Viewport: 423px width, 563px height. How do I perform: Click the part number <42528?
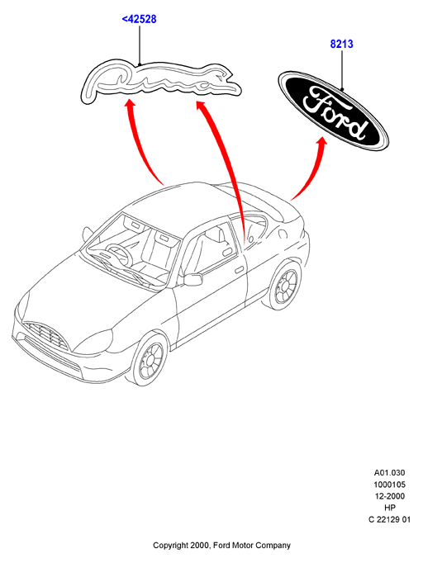140,19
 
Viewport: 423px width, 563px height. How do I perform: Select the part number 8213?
342,44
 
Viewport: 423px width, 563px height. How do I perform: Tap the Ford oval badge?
334,109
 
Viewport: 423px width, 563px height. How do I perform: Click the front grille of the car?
45,335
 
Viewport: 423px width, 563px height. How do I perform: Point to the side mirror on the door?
193,279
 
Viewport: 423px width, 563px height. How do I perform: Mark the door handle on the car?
238,269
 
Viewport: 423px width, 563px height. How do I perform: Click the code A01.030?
389,472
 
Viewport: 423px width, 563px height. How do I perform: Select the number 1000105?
389,485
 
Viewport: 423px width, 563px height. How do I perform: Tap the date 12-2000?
389,496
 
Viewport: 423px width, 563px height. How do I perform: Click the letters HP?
390,508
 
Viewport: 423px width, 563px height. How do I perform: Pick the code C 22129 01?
389,519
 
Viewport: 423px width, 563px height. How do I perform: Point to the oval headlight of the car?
93,341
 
